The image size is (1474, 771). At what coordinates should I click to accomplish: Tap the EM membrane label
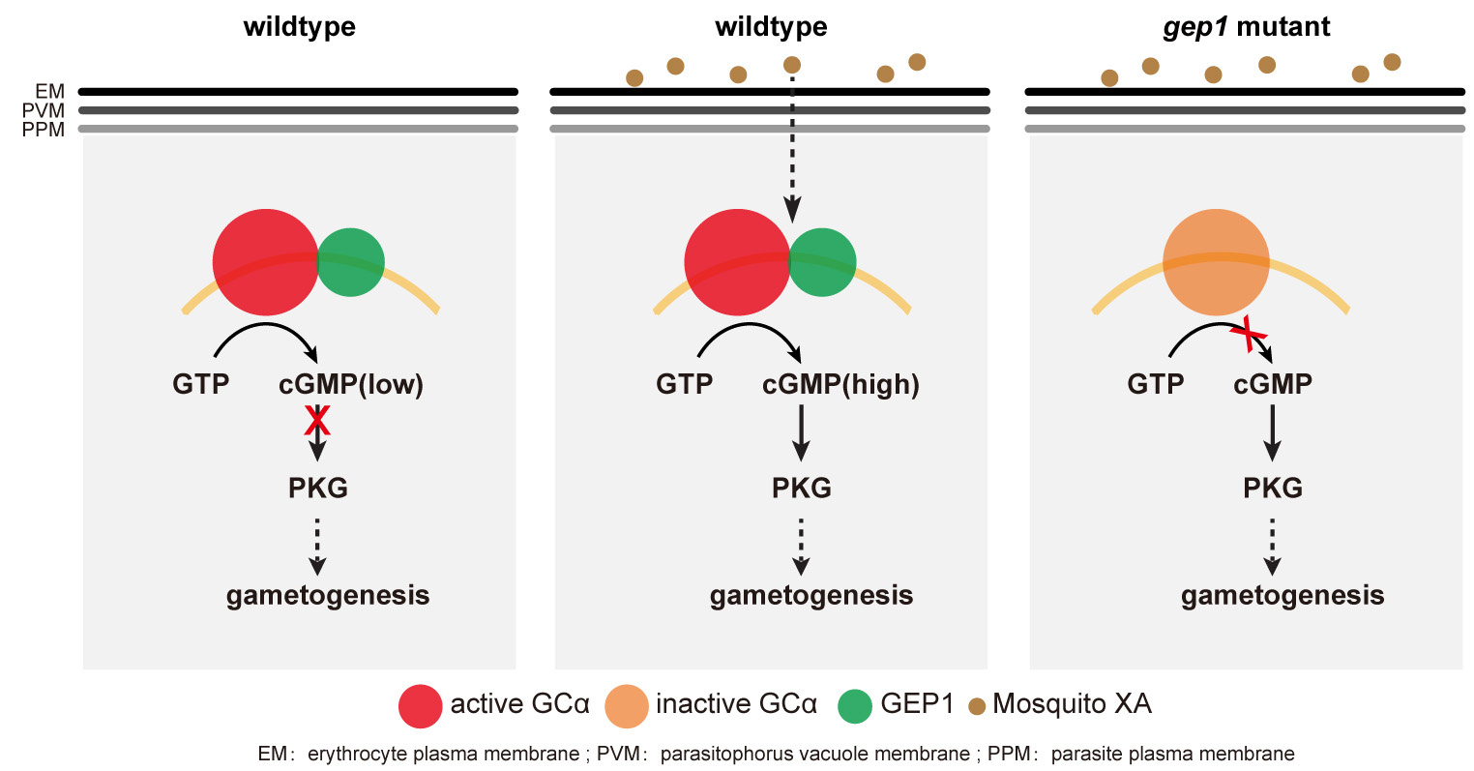[x=50, y=92]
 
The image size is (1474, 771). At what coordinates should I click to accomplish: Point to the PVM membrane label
[x=44, y=110]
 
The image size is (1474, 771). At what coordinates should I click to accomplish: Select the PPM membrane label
[x=44, y=130]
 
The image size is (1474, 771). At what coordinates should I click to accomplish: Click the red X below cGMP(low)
[x=317, y=421]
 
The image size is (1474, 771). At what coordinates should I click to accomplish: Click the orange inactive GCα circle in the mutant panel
[x=1216, y=262]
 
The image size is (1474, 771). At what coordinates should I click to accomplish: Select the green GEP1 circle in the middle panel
[x=822, y=262]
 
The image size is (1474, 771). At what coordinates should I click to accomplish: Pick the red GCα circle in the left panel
[x=266, y=262]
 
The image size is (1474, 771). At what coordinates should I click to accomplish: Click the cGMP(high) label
[x=840, y=384]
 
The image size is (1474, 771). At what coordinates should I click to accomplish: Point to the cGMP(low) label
[x=351, y=384]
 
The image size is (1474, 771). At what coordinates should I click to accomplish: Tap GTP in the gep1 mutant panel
[x=1156, y=384]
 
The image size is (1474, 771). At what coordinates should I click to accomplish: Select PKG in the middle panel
[x=802, y=488]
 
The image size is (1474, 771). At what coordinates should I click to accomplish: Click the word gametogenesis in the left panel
[x=328, y=596]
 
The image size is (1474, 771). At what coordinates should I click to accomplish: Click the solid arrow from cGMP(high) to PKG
[x=801, y=432]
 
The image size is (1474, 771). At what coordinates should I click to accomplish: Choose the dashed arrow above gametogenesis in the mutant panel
[x=1272, y=547]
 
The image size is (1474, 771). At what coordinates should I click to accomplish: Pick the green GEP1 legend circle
[x=855, y=706]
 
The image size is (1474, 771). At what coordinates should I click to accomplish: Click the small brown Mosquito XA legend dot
[x=977, y=706]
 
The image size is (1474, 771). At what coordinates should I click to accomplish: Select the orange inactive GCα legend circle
[x=626, y=706]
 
